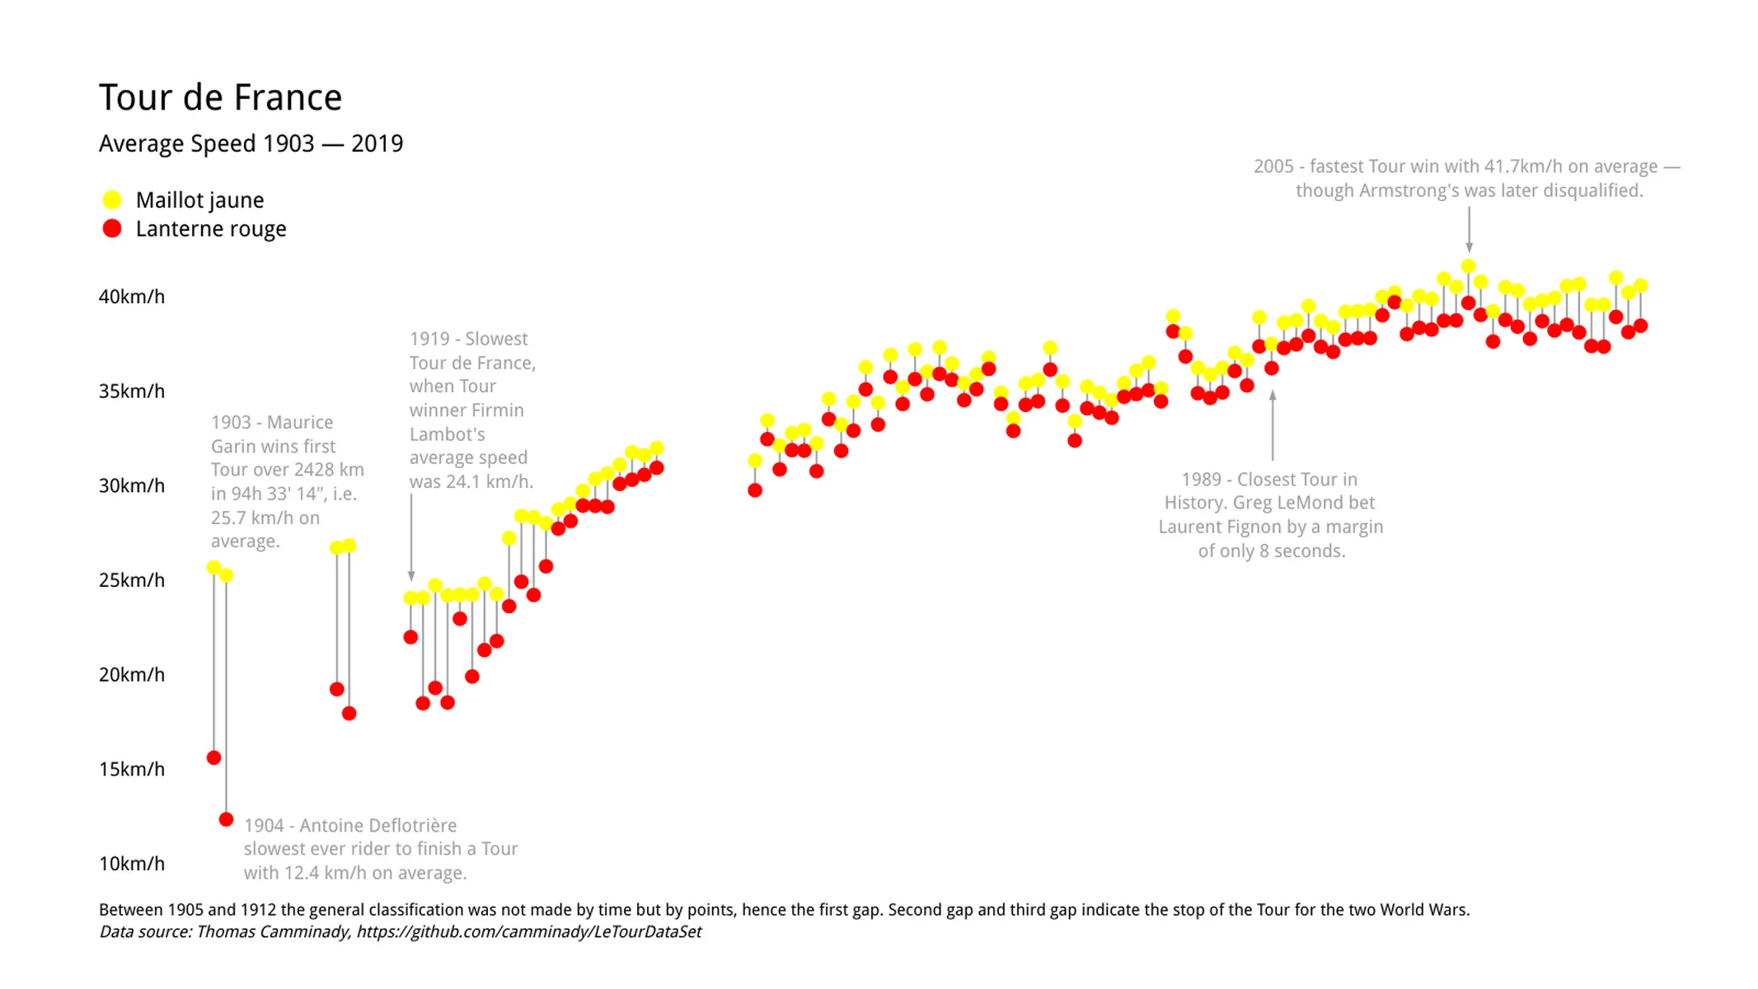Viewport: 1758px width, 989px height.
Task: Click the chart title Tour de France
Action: (220, 98)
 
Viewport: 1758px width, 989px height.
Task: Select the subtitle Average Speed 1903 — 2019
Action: (251, 143)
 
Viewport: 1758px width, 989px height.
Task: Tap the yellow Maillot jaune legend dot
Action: (112, 200)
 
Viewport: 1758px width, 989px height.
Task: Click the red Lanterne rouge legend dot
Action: (112, 228)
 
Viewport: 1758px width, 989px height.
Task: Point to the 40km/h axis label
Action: (132, 297)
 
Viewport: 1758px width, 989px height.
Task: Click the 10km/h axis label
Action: (132, 864)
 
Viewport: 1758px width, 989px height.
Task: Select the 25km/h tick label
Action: (132, 580)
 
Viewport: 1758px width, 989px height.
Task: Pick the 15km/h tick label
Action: (132, 769)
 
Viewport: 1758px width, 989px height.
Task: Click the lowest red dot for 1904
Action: (226, 819)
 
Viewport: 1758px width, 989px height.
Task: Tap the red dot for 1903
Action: (213, 757)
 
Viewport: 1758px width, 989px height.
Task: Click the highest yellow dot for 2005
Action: (1468, 266)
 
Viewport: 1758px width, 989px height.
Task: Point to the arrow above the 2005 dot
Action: (1469, 229)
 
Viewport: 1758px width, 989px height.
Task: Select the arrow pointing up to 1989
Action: (1273, 424)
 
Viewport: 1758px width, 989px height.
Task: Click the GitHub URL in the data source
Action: (528, 932)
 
